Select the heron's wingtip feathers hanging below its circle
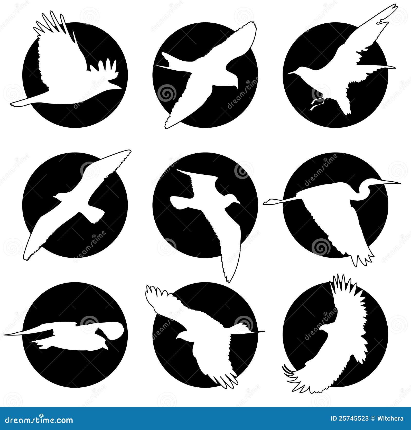tap(362, 259)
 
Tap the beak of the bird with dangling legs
tap(292, 73)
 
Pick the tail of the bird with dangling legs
tap(345, 108)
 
